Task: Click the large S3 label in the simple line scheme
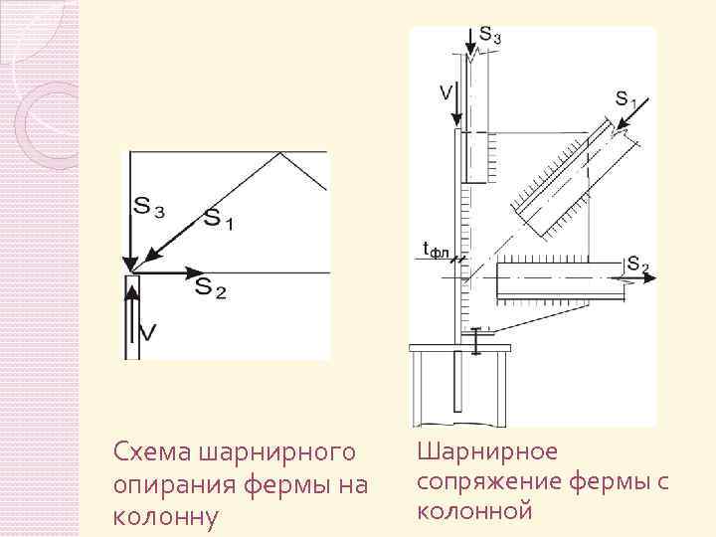coord(149,208)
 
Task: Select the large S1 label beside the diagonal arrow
coord(219,219)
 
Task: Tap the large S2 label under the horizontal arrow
coord(210,288)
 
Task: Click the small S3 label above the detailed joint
coord(489,36)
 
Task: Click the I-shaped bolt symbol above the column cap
coord(477,340)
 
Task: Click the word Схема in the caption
coord(147,452)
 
